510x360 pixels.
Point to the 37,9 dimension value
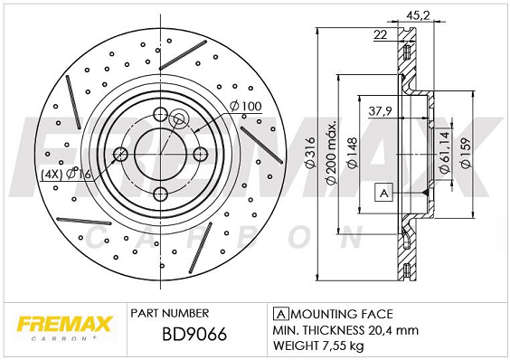click(381, 113)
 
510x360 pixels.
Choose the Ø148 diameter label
click(354, 155)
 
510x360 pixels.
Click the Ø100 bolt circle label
click(245, 108)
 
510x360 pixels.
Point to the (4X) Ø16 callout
click(66, 175)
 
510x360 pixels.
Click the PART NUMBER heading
click(171, 311)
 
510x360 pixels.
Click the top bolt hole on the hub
click(161, 115)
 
